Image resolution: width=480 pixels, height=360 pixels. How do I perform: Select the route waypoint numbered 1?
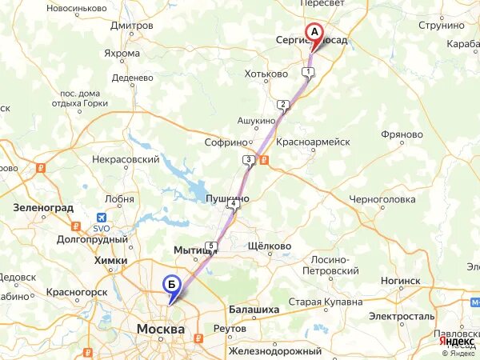tap(308, 73)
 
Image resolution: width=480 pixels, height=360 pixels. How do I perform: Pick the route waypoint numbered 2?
tap(282, 105)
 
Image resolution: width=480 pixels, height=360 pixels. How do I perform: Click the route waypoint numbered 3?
tap(249, 161)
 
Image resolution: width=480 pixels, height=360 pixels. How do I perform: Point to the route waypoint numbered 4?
tap(233, 205)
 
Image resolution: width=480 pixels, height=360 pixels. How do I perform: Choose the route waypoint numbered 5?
tap(210, 246)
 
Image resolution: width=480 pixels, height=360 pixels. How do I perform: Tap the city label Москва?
tap(161, 330)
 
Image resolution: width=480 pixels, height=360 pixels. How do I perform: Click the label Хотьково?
tap(266, 74)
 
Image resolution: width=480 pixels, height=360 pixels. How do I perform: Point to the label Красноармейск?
tap(313, 141)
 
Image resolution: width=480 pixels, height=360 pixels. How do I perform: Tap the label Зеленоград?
tap(43, 207)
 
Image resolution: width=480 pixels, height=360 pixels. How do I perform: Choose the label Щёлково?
tap(270, 246)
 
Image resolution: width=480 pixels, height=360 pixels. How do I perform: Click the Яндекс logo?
tap(458, 340)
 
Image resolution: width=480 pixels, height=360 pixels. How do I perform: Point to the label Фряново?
tap(402, 134)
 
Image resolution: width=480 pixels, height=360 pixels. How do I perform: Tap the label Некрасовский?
tap(126, 160)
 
